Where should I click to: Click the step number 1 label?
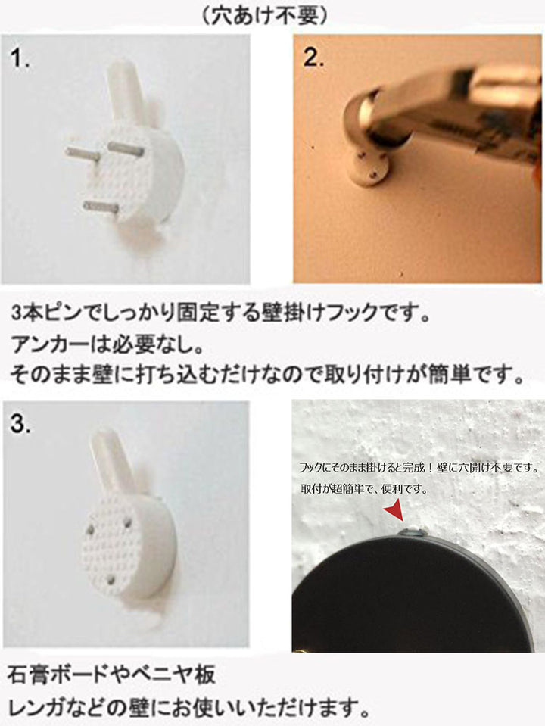(x=20, y=59)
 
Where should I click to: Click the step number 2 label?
(x=313, y=58)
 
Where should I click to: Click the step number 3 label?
(x=20, y=424)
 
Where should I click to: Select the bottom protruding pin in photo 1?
(x=101, y=207)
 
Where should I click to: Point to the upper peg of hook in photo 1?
(x=125, y=90)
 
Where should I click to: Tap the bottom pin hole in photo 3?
(x=111, y=579)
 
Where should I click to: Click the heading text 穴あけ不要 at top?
(x=265, y=17)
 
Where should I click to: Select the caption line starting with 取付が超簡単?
(x=364, y=488)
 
